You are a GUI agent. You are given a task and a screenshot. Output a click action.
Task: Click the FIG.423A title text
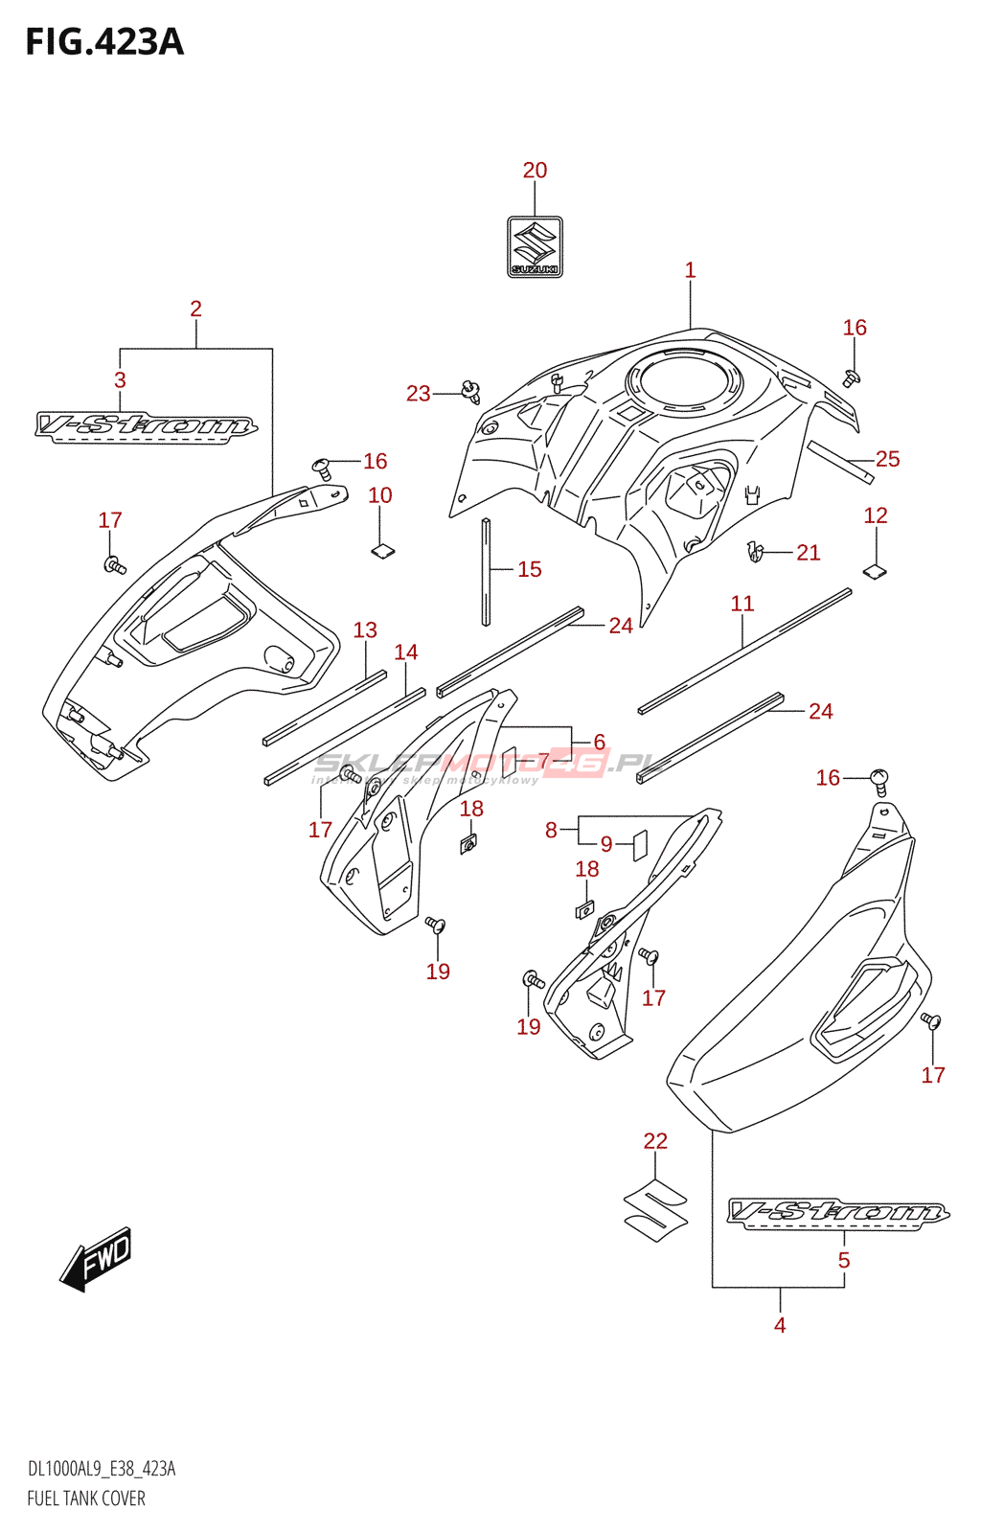coord(104,42)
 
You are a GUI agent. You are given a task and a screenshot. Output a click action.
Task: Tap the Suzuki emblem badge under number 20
coord(535,247)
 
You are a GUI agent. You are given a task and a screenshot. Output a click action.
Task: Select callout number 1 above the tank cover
coord(690,271)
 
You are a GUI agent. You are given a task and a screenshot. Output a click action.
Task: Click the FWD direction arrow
coord(97,1258)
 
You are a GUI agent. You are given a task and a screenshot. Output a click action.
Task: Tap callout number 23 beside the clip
coord(419,394)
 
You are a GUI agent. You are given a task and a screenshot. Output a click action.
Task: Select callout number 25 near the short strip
coord(888,460)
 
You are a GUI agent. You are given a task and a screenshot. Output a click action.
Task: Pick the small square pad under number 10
coord(382,550)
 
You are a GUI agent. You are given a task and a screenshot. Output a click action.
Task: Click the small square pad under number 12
coord(875,572)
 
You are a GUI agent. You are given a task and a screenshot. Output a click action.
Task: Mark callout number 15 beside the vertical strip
coord(530,570)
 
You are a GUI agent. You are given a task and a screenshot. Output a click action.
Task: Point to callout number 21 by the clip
coord(809,553)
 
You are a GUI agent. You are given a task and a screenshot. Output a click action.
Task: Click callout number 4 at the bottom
coord(780,1326)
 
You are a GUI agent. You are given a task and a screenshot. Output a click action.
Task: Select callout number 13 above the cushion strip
coord(365,630)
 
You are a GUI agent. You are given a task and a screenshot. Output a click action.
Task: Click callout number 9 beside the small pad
coord(606,845)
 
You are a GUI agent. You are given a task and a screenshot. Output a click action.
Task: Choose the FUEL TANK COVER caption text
coord(86,1499)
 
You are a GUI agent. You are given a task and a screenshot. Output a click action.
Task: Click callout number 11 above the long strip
coord(742,604)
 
